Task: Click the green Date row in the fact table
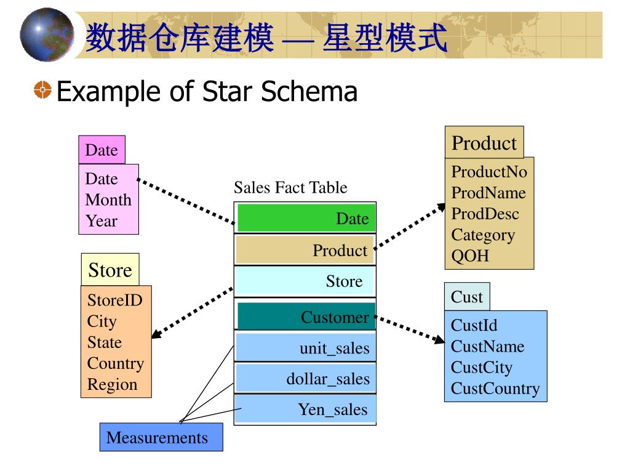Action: pyautogui.click(x=306, y=218)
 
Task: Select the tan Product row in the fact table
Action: pyautogui.click(x=305, y=250)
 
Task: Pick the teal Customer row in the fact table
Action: pyautogui.click(x=306, y=317)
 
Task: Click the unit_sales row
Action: pyautogui.click(x=305, y=349)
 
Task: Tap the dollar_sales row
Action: pyautogui.click(x=305, y=378)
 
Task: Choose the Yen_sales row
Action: pyautogui.click(x=305, y=410)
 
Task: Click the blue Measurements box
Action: pyautogui.click(x=161, y=438)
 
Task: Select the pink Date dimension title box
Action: pyautogui.click(x=102, y=150)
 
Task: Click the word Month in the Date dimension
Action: pyautogui.click(x=108, y=200)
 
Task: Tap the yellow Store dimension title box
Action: pyautogui.click(x=110, y=270)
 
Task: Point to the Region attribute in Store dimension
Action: pyautogui.click(x=112, y=384)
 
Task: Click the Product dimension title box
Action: pyautogui.click(x=484, y=143)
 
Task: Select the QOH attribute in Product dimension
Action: pyautogui.click(x=470, y=256)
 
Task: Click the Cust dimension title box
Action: pyautogui.click(x=467, y=297)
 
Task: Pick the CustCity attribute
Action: pyautogui.click(x=481, y=368)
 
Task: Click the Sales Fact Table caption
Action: pyautogui.click(x=290, y=187)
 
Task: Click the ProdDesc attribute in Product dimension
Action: pyautogui.click(x=485, y=214)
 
